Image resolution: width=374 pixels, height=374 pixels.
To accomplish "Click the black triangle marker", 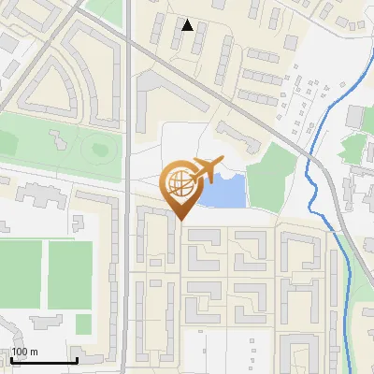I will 188,25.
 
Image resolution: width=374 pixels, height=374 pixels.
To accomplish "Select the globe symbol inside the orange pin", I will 180,184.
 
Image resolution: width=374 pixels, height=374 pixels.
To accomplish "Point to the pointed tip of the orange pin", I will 180,221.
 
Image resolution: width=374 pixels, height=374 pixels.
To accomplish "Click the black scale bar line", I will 43,361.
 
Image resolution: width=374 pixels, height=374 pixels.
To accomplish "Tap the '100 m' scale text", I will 24,352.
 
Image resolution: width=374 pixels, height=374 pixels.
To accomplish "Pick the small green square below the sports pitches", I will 84,324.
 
